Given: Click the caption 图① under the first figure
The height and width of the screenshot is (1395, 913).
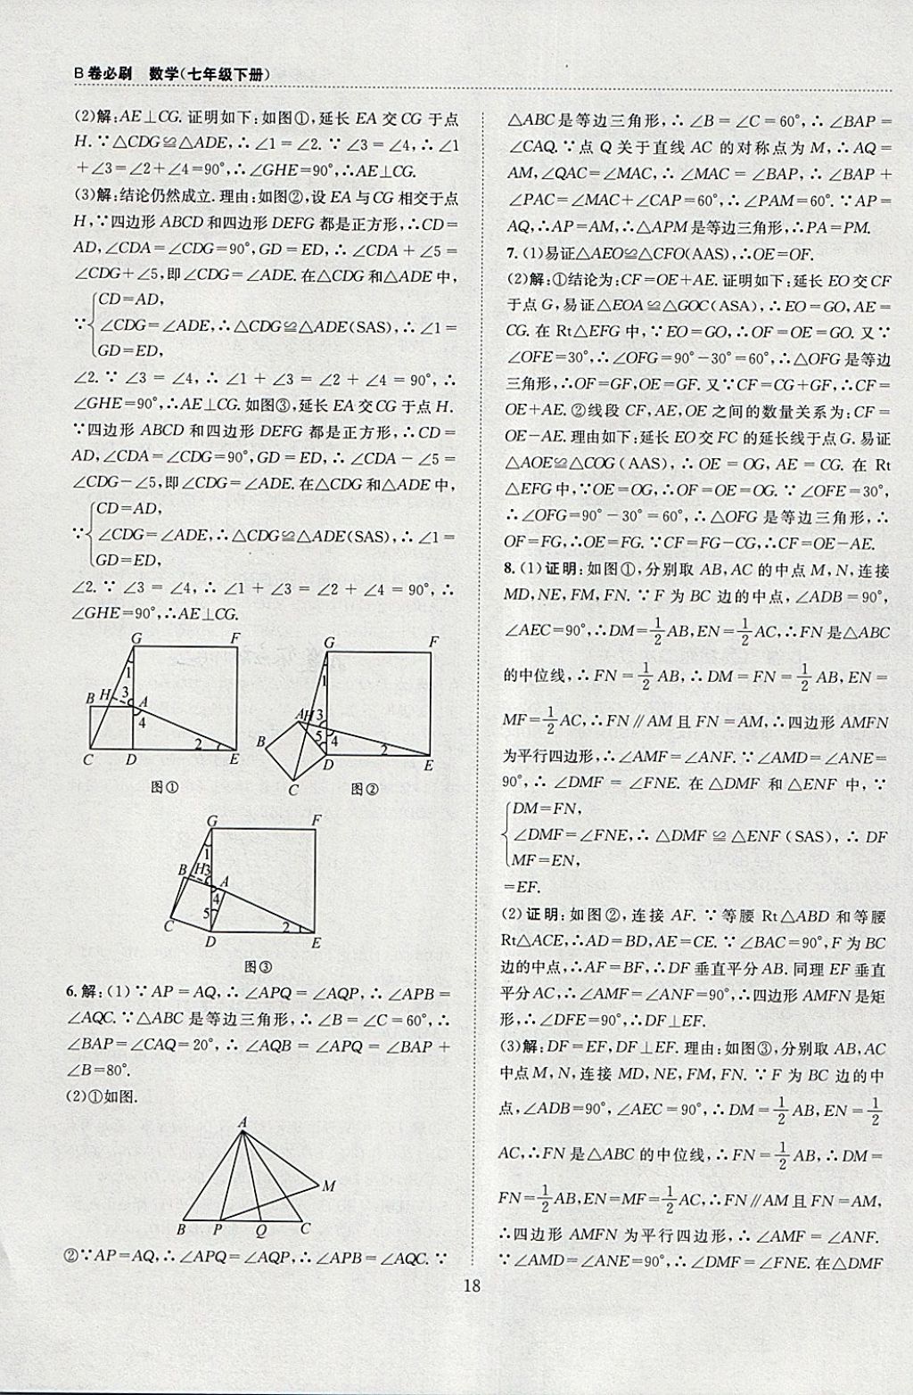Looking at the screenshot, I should click(x=165, y=787).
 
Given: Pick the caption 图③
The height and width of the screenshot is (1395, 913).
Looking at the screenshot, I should click(x=258, y=966).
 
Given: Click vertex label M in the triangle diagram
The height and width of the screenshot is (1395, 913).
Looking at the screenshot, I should click(x=328, y=1186).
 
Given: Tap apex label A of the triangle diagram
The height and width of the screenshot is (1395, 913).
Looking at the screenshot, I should click(x=242, y=1124).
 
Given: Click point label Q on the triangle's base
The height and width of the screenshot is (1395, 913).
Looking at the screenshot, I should click(x=261, y=1229).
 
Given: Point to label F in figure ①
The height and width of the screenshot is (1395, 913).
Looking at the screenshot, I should click(x=234, y=637).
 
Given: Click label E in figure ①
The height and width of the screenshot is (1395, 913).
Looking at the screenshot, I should click(x=234, y=759).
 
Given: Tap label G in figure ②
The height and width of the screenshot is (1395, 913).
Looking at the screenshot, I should click(x=329, y=643).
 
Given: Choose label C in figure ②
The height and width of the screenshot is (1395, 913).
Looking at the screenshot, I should click(x=294, y=789).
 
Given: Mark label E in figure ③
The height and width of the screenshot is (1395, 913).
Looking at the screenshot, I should click(x=316, y=942).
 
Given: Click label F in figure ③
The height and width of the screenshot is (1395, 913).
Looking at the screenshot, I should click(x=317, y=820).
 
